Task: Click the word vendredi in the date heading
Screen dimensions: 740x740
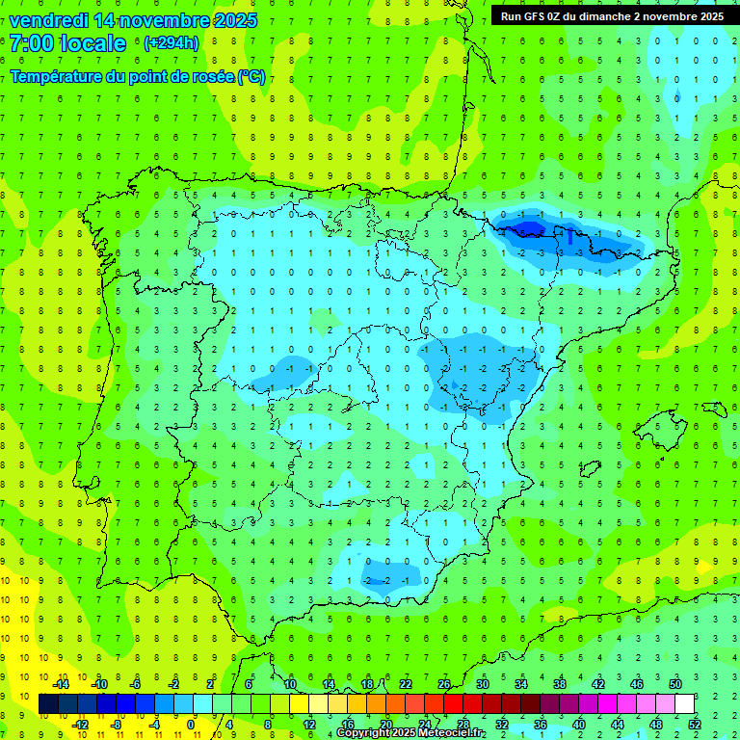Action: (49, 20)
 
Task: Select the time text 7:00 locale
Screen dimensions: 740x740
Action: (68, 43)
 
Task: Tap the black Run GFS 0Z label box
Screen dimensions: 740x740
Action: (612, 15)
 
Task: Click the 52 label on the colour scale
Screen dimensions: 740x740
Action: (695, 724)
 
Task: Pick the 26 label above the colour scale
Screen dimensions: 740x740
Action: (444, 684)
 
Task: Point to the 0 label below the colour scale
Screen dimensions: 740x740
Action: (193, 724)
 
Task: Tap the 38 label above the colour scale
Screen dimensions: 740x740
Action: (560, 684)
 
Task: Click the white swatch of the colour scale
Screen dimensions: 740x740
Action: (684, 704)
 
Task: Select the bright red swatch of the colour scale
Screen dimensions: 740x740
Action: (454, 704)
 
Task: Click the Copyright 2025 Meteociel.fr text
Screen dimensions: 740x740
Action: (424, 733)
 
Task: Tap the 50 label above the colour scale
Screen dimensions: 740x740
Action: (675, 684)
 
